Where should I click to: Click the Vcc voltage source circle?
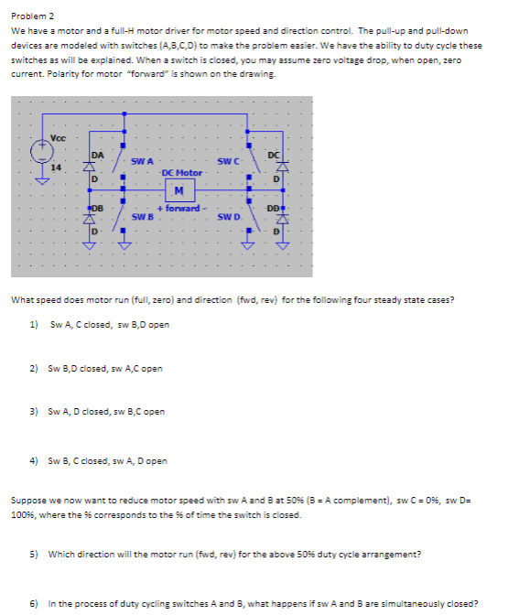click(40, 149)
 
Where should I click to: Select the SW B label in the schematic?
click(142, 218)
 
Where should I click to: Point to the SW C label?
click(229, 162)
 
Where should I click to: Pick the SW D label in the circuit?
click(229, 218)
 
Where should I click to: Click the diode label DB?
click(95, 209)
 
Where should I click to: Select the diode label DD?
click(273, 209)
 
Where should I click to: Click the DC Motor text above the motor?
click(181, 173)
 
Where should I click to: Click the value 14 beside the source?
click(57, 167)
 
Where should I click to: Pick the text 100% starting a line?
click(22, 515)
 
